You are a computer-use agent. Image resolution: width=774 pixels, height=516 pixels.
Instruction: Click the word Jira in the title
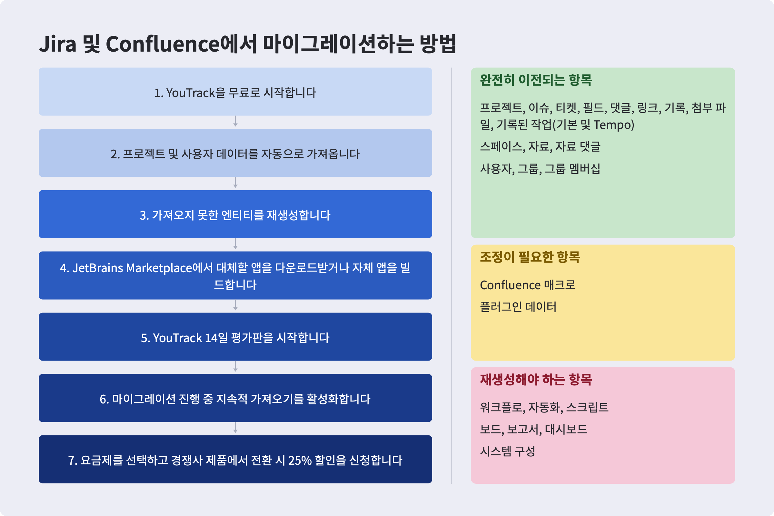58,44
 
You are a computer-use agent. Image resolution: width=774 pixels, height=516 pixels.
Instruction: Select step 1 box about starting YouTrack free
235,92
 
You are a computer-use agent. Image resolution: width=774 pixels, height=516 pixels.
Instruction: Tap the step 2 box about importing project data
235,153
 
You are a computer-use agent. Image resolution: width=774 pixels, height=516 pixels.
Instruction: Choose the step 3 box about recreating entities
235,214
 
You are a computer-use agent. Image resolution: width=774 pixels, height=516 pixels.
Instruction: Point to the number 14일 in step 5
216,338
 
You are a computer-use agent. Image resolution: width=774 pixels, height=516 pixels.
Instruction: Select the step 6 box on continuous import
235,398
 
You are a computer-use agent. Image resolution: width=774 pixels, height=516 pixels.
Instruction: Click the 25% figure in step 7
300,461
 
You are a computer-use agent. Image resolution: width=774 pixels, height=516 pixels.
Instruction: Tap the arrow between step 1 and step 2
235,121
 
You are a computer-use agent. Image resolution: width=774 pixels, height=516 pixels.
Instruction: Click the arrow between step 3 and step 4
235,244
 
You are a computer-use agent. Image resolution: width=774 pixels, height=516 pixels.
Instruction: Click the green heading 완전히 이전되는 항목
536,80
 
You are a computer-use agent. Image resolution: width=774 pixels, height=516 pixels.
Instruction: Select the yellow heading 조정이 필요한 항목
530,257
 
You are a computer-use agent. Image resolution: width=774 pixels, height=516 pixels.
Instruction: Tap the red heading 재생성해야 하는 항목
536,380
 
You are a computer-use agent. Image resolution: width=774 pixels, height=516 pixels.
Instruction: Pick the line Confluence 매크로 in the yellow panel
528,285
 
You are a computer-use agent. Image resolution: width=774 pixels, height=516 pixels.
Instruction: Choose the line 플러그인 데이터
518,307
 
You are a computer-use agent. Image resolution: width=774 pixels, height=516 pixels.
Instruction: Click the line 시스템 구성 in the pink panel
507,451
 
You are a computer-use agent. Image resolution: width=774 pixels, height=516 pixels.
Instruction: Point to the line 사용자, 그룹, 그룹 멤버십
540,169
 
